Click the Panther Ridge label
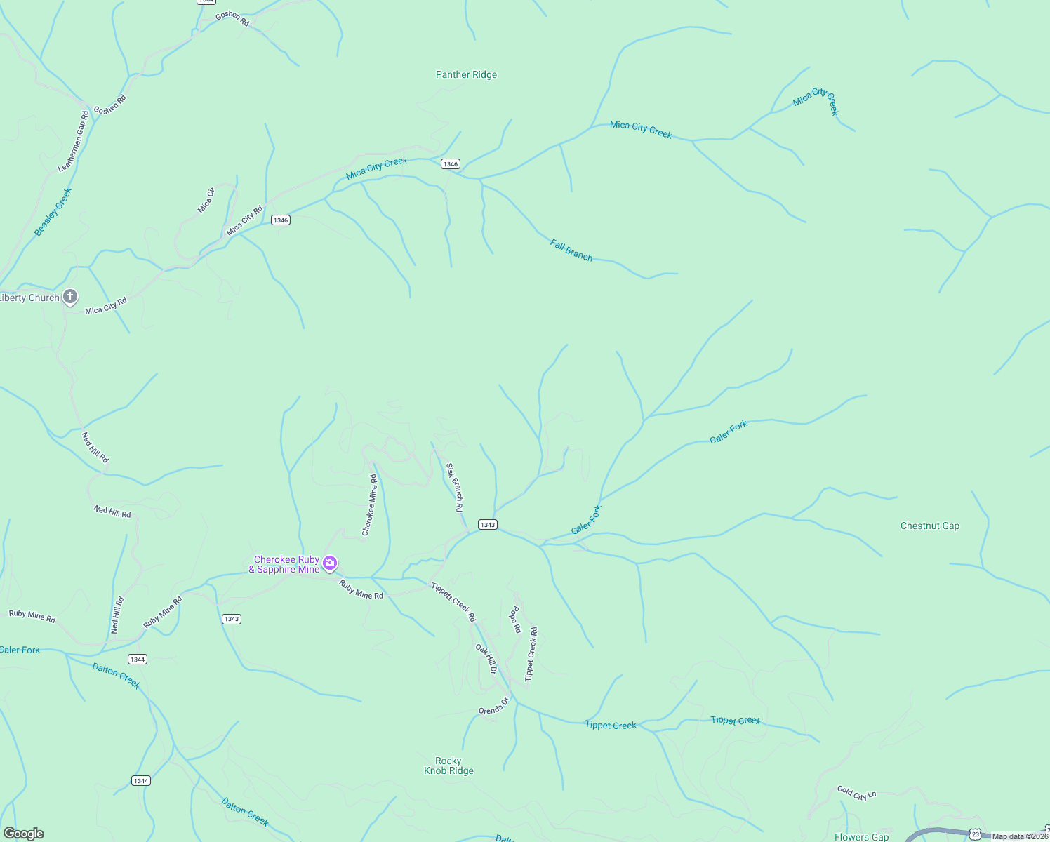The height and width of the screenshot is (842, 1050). point(466,74)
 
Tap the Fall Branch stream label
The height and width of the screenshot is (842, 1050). point(571,250)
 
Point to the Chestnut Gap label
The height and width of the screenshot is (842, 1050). point(929,526)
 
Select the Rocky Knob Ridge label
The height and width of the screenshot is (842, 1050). point(448,766)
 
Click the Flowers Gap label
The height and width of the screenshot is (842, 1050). point(861,836)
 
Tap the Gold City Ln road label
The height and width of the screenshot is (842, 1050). point(856,793)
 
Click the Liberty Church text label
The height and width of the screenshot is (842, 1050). point(30,298)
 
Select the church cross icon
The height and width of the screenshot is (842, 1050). point(70,297)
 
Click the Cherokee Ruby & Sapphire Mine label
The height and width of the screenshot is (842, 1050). point(286,564)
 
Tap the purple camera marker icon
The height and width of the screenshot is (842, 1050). point(330,563)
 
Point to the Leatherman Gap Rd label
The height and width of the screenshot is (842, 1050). point(73,141)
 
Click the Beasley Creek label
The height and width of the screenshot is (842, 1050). point(53,212)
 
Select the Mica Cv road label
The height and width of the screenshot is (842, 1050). point(206,200)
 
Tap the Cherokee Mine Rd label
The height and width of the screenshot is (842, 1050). point(369,505)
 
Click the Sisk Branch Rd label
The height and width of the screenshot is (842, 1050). point(455,487)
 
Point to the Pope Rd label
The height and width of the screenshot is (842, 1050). point(515,620)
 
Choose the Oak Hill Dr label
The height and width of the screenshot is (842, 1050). point(486,660)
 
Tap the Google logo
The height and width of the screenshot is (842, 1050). point(23,834)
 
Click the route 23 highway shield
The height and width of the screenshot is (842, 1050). point(976,834)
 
